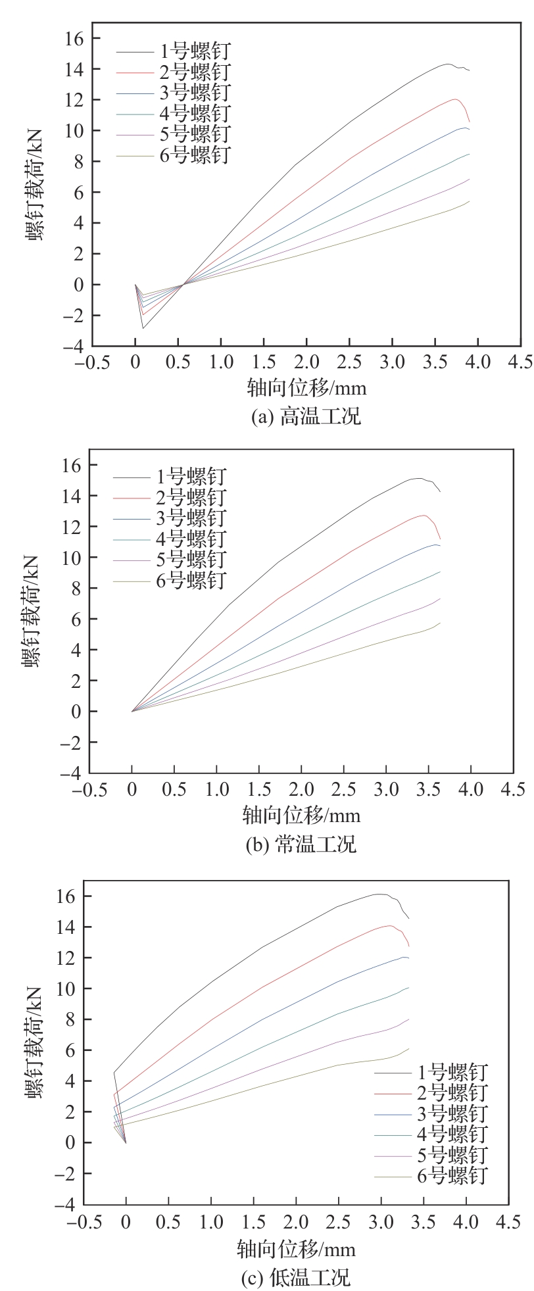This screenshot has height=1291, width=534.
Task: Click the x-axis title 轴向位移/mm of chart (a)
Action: pos(306,388)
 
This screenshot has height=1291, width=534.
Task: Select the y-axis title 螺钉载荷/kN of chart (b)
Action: pos(32,612)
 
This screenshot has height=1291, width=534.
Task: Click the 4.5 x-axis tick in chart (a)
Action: pos(520,362)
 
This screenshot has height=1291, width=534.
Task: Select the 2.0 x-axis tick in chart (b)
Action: pos(301,789)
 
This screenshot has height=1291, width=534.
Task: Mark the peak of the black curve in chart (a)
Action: pos(447,64)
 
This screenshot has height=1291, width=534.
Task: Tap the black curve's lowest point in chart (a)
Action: pos(143,328)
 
